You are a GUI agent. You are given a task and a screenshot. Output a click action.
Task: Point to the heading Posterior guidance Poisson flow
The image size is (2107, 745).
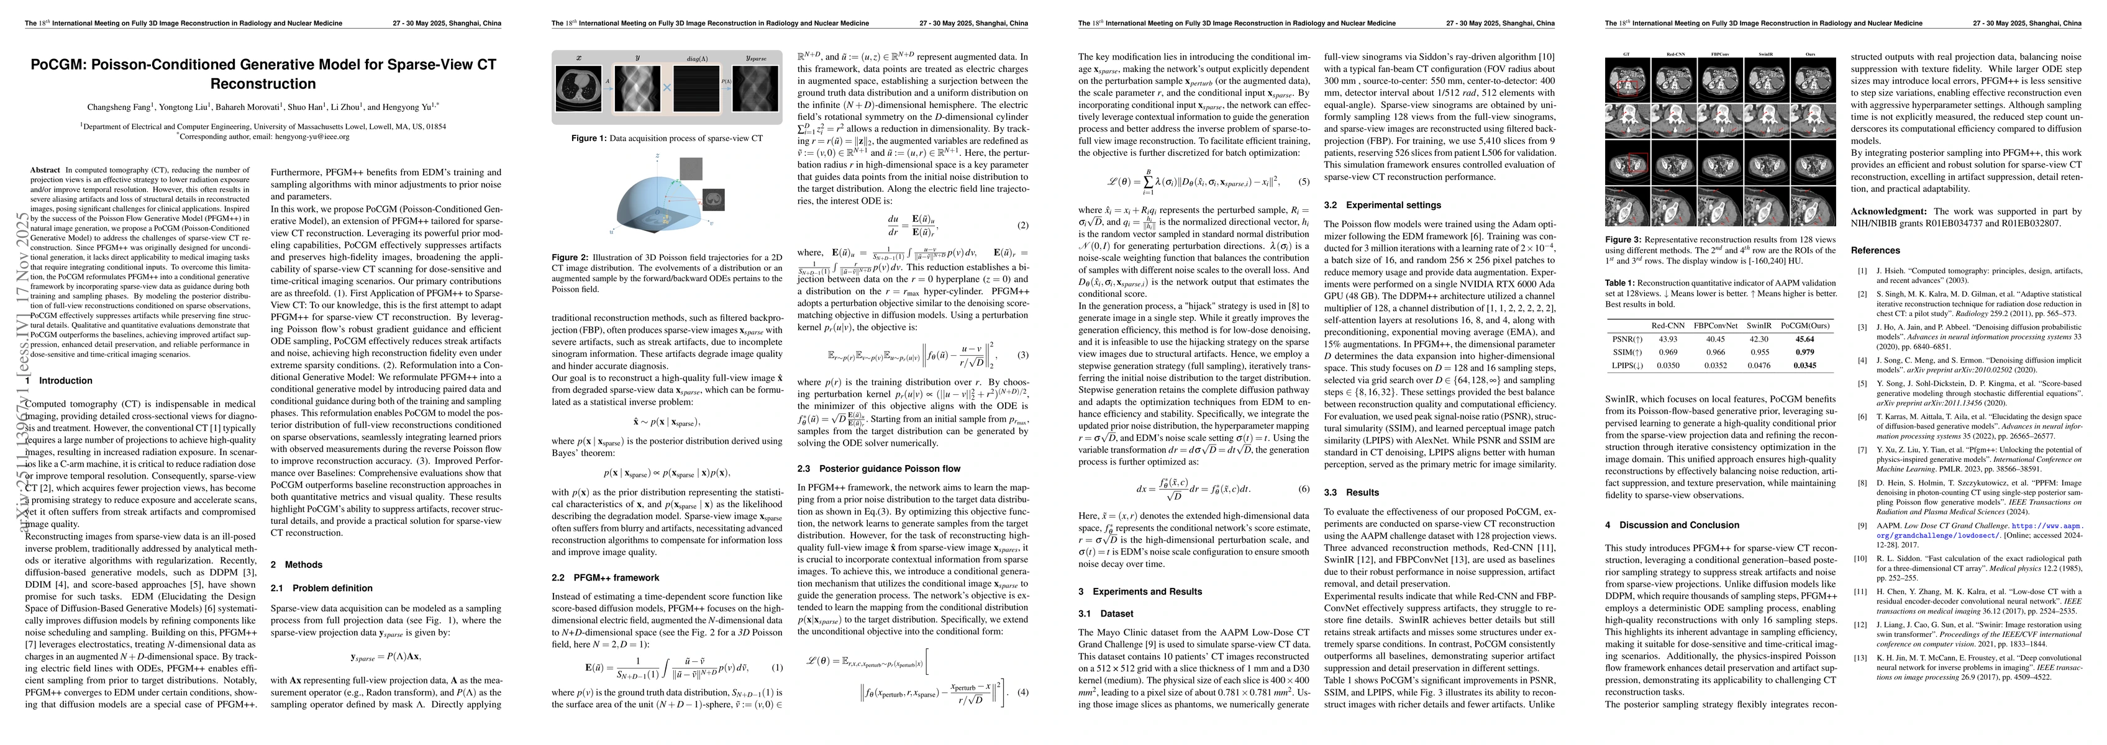pos(878,469)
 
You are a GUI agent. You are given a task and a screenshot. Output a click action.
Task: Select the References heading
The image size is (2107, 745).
pos(1875,250)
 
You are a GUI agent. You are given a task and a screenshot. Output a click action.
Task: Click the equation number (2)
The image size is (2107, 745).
pos(1022,225)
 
